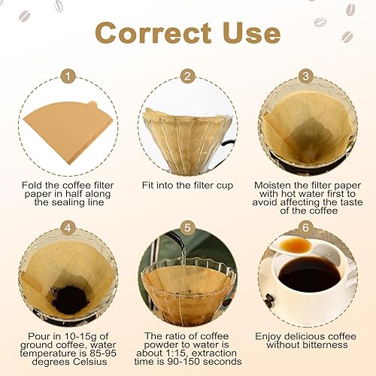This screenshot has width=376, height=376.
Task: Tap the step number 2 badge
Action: click(x=188, y=76)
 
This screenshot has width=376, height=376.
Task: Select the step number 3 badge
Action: click(x=306, y=76)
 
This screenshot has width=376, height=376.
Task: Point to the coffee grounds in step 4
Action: click(x=71, y=299)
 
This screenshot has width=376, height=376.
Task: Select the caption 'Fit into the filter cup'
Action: click(x=187, y=184)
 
